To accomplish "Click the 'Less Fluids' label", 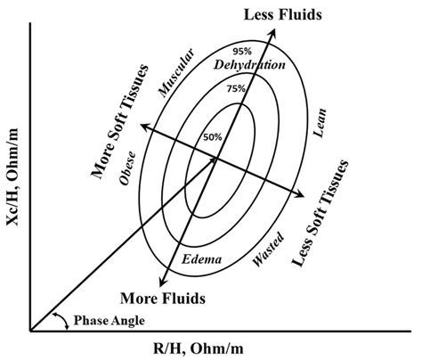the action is point(282,14).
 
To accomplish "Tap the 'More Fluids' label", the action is point(163,298).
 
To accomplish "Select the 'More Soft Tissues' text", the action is point(120,122).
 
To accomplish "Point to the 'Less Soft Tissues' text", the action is point(320,213).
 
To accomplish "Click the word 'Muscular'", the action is point(176,73).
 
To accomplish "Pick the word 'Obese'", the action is point(127,168).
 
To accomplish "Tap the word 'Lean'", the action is point(320,123).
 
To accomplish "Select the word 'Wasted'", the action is point(268,249).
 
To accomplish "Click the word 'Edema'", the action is point(201,259).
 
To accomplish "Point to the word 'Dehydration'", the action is point(249,65).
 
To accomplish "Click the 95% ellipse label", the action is point(242,52).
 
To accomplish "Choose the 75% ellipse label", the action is point(236,88).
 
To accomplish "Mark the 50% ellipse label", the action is point(213,137).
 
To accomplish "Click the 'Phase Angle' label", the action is point(110,321).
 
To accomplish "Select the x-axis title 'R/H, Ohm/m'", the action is point(199,348).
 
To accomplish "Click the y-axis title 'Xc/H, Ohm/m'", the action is point(12,176).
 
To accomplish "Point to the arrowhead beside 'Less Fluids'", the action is point(272,32).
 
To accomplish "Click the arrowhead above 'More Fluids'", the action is point(162,282).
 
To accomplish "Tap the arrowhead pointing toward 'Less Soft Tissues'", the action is point(299,193).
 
